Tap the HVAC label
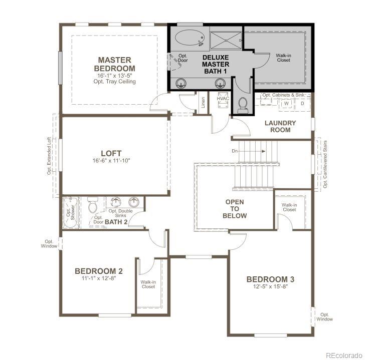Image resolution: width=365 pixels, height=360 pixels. [223, 99]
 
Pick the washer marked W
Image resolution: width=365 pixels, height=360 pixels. [287, 104]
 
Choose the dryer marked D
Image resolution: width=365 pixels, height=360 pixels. [302, 104]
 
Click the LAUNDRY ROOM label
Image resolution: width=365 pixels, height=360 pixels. [280, 126]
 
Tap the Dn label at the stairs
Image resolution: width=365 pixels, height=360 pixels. [234, 150]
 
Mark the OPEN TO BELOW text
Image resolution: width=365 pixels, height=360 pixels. [235, 209]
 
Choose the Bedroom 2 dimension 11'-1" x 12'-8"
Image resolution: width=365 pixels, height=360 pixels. [99, 279]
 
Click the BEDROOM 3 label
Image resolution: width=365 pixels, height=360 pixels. [270, 279]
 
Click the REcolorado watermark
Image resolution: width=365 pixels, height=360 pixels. [342, 355]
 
